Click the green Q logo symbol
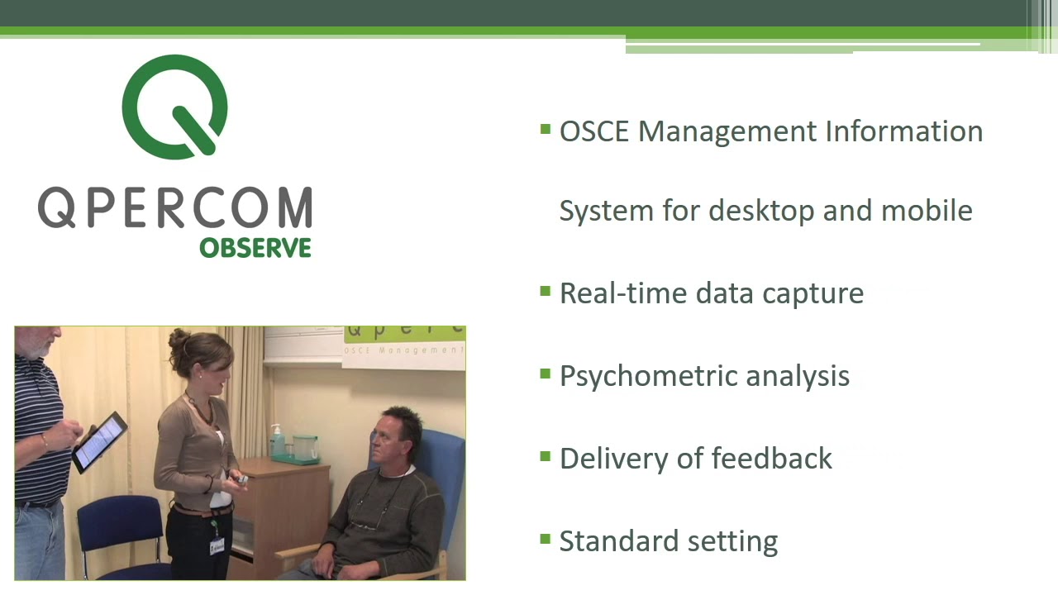click(x=174, y=107)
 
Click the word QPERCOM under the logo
click(x=174, y=208)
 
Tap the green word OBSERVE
click(x=255, y=248)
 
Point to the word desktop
click(x=761, y=211)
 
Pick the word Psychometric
click(x=649, y=376)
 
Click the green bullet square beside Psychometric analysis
click(x=545, y=374)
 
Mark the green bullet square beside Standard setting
click(x=545, y=540)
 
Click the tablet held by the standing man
click(x=99, y=442)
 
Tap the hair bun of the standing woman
click(x=179, y=340)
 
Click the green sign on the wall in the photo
click(x=404, y=342)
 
